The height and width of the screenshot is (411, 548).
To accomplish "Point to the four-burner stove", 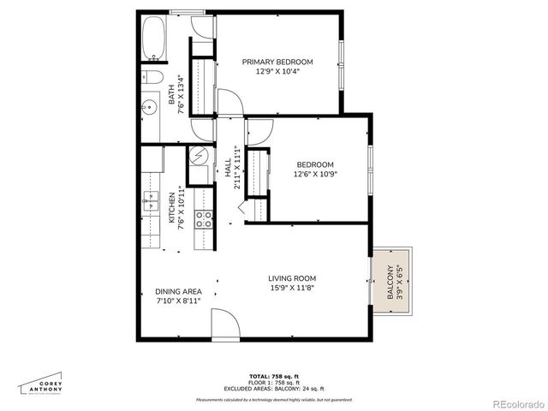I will tap(205, 219).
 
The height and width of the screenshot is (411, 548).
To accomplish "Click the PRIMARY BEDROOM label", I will tap(277, 62).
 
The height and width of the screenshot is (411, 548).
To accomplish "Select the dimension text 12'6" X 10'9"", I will tap(314, 175).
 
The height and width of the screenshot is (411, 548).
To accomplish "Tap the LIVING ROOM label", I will tap(292, 278).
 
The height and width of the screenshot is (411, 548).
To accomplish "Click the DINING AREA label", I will tap(179, 291).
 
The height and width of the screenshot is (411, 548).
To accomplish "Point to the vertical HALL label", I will tap(228, 168).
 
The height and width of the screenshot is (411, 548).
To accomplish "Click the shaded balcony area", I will tap(393, 282).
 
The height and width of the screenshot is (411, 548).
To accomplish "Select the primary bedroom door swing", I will tap(230, 103).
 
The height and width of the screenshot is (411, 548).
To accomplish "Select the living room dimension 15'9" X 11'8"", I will tap(292, 289).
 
